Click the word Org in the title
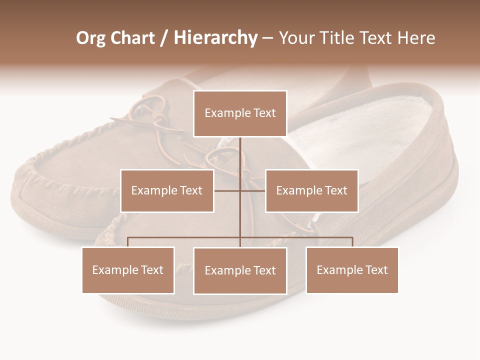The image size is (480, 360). click(x=91, y=38)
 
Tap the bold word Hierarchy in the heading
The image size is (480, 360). click(x=215, y=38)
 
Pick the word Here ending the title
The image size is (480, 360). click(x=416, y=38)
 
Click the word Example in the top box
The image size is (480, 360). click(x=222, y=113)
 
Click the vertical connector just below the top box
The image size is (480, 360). click(x=240, y=150)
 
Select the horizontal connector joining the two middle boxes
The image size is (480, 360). click(x=227, y=190)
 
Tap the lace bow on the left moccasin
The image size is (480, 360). click(x=150, y=112)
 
